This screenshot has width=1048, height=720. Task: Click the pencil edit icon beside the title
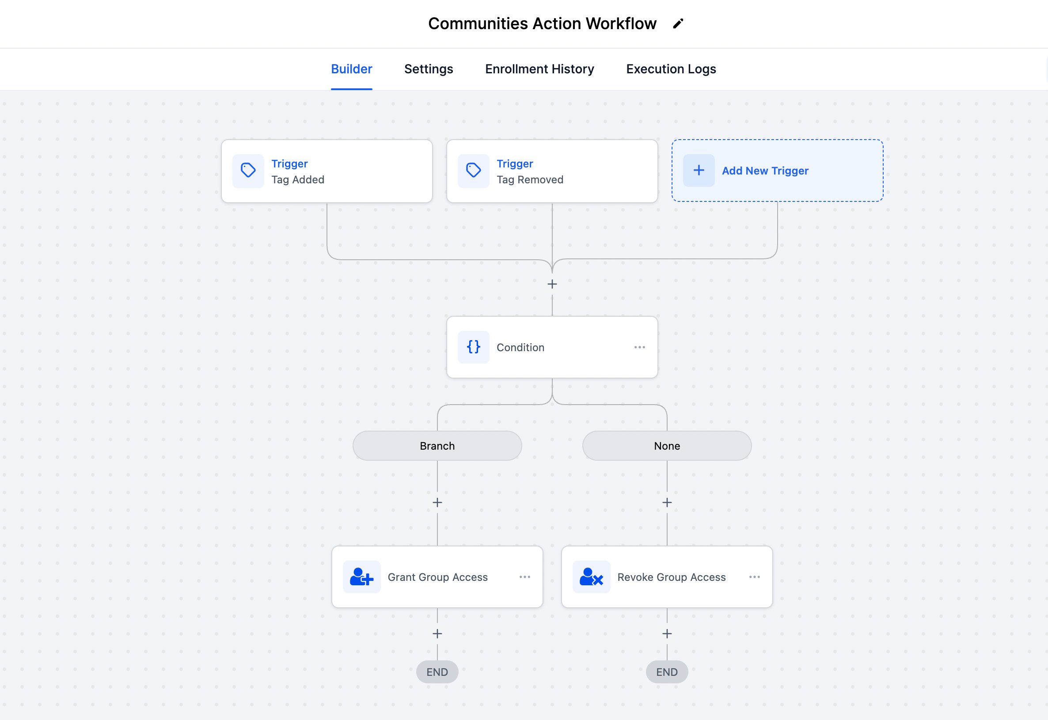coord(678,23)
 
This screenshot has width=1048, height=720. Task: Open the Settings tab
coord(428,69)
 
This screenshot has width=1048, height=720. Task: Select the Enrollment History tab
coord(539,69)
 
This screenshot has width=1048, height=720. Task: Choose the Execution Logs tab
coord(670,69)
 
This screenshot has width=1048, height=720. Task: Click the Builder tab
coord(351,69)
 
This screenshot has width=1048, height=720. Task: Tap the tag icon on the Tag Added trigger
coord(248,171)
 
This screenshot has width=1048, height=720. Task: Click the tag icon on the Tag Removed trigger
coord(473,171)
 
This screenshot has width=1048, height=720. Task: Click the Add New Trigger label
coord(765,171)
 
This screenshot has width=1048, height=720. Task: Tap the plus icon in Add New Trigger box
coord(699,171)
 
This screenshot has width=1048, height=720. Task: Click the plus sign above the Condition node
coord(552,284)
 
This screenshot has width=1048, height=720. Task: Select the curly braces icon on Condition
coord(473,347)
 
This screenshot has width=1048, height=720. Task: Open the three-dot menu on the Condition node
coord(639,347)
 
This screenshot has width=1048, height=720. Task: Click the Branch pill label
coord(437,446)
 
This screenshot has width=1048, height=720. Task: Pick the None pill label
coord(666,446)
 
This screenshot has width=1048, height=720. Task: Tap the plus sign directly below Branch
coord(437,503)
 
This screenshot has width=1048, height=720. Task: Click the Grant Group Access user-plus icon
coord(361,577)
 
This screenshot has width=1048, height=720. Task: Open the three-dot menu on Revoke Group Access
coord(754,577)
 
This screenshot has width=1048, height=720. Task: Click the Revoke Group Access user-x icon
coord(591,577)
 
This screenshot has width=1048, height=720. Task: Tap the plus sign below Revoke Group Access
coord(666,634)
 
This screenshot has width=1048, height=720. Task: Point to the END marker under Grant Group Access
coord(437,672)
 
